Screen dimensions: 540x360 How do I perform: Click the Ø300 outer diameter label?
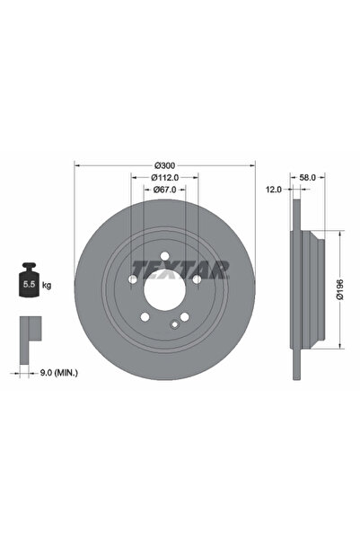click(164, 164)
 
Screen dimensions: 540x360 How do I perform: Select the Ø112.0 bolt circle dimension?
click(164, 178)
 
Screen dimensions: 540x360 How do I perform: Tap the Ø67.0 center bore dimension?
click(164, 190)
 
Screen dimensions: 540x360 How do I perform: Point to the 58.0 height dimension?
click(306, 178)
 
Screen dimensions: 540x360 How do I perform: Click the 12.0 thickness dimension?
click(275, 190)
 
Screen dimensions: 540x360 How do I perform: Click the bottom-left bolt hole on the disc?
click(145, 316)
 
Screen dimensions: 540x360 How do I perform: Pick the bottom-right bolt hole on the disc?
click(184, 316)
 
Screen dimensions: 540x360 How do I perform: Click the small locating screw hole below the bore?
click(174, 326)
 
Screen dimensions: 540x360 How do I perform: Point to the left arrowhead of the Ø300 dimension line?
click(76, 164)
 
